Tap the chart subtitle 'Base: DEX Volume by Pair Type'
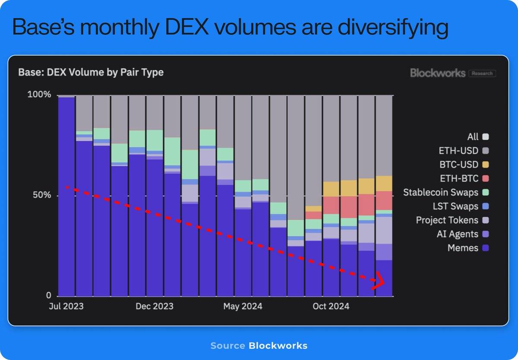pos(91,72)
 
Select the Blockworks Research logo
pos(453,73)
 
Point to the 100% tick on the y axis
pos(39,95)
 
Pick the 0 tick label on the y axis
pos(49,296)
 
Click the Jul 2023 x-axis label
pos(66,306)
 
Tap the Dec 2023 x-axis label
pos(155,306)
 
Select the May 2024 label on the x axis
pos(243,306)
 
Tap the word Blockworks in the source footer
pos(278,346)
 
